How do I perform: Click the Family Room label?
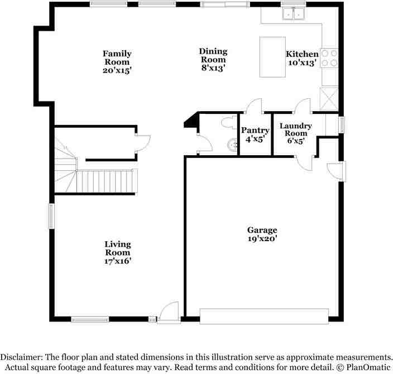point(117,62)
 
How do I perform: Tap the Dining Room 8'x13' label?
point(213,60)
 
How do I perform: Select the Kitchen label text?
point(302,54)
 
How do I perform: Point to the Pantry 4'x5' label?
point(255,135)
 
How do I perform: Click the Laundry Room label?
point(295,133)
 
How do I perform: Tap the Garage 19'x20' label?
point(262,234)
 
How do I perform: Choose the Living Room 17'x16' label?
point(118,252)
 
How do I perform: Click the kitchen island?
point(273,57)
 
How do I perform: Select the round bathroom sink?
point(232,144)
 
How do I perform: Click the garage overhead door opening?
point(264,316)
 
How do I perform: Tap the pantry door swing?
point(255,106)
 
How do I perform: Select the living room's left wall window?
point(51,215)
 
